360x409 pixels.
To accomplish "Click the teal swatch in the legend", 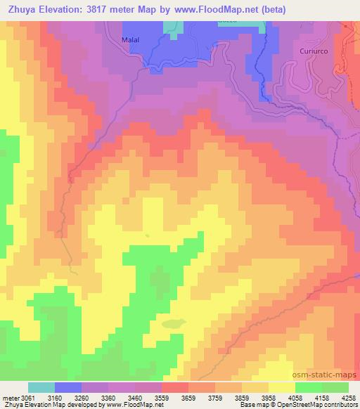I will tap(41, 387).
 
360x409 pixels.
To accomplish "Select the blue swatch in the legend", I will tap(68, 387).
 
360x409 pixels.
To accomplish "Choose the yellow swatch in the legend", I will tap(282, 387).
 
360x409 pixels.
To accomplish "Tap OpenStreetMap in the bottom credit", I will tap(309, 405).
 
